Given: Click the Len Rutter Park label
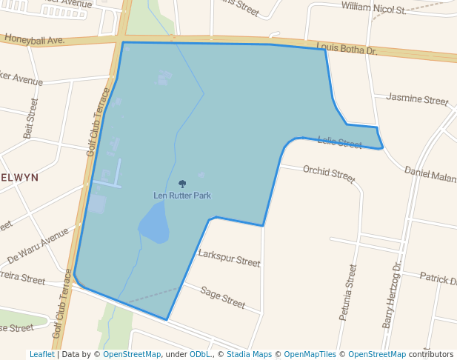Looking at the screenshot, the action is pos(182,196).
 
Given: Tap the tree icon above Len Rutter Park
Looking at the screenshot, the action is pos(182,184).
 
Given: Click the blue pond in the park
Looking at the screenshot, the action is pos(155,224).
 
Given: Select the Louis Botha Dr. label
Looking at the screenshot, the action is pos(347,50).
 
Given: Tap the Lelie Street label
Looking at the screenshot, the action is pos(339,142).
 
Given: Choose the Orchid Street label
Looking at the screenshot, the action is pos(329,174).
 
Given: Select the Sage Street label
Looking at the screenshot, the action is pos(223,296).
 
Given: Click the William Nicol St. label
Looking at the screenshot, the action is pos(373,10).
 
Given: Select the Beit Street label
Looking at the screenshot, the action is pos(30,119).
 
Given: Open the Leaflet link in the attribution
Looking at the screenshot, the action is pos(41,355).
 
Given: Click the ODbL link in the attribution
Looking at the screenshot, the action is pos(200,355).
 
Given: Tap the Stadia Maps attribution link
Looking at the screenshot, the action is pos(248,355).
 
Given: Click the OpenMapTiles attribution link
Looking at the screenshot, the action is pos(309,355).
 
